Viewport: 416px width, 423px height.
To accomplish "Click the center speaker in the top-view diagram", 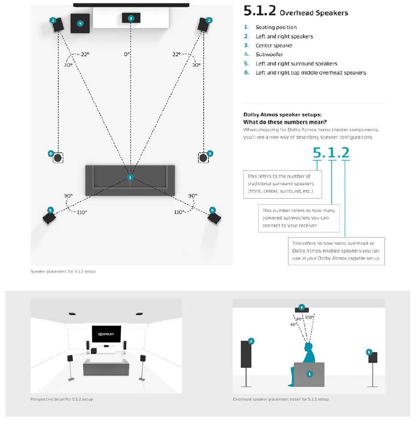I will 130,18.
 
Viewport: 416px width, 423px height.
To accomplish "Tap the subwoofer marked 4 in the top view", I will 80,23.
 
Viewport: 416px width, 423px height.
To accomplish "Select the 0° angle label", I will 127,54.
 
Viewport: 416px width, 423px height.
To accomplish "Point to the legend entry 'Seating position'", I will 276,27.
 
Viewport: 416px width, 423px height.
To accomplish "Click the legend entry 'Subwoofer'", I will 269,54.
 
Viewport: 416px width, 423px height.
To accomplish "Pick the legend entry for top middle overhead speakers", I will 311,72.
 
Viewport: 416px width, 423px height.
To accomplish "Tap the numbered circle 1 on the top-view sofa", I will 130,177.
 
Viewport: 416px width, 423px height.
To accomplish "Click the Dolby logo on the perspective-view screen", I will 106,335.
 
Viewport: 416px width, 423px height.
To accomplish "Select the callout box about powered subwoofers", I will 298,218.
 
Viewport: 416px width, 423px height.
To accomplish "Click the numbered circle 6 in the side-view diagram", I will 302,307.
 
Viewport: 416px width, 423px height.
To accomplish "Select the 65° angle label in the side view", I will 294,324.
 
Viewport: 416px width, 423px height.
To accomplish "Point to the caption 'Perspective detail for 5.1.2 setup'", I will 62,399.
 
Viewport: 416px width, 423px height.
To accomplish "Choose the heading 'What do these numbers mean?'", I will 285,122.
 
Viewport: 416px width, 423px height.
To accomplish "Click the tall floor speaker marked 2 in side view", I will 246,354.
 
